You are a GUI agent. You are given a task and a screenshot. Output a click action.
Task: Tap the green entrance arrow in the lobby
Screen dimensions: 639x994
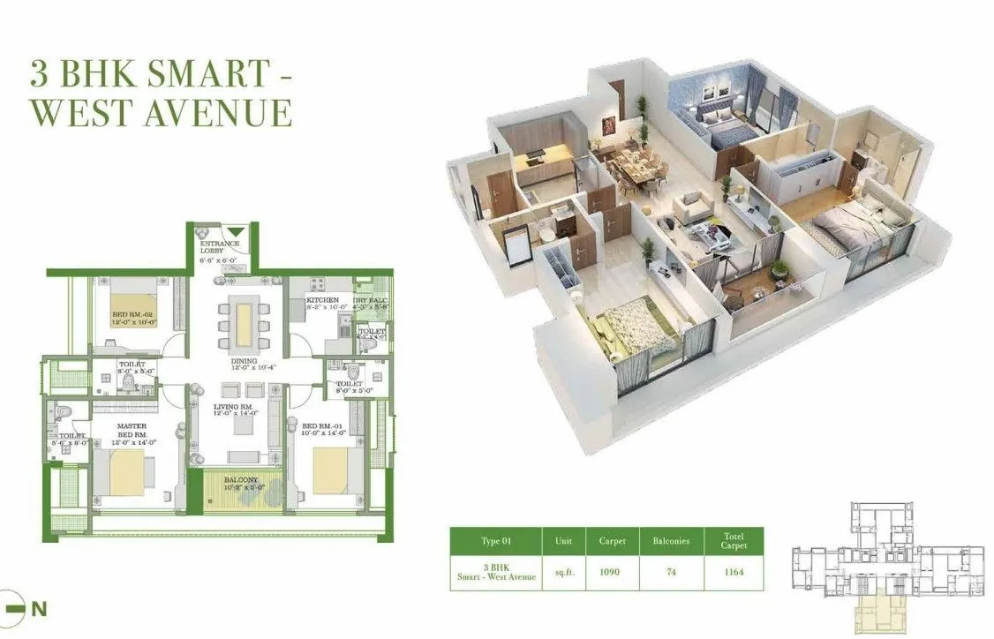coord(233,231)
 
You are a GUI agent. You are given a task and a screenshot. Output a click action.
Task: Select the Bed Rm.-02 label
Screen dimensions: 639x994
coord(132,315)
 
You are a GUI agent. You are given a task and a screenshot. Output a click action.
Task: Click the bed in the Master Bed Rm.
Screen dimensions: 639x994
coord(124,470)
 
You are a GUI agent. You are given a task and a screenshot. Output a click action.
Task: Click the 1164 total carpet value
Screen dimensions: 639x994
coord(734,572)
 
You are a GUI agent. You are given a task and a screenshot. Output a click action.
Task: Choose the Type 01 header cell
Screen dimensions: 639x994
coord(496,541)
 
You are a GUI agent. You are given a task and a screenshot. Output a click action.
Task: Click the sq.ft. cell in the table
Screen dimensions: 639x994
coord(563,572)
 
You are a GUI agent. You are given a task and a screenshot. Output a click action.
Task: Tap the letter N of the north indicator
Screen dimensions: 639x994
coord(38,608)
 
